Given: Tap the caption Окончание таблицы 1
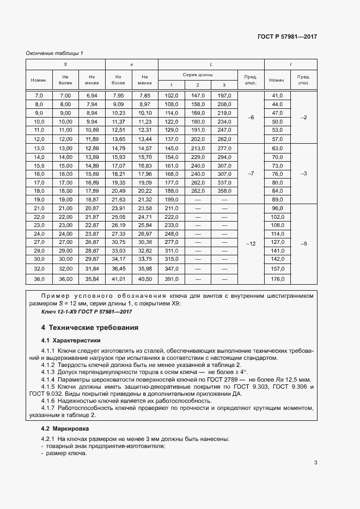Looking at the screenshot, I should tap(54, 53).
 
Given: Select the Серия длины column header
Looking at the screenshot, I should tap(197, 74).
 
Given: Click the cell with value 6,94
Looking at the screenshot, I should tap(91, 96).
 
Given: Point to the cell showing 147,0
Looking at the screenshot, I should tap(197, 96).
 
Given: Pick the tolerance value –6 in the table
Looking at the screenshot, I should tap(251, 118).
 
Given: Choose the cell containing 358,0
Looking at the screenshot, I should tap(224, 191).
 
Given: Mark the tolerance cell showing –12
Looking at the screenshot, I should tap(251, 244).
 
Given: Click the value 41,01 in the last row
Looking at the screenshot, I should tap(118, 279).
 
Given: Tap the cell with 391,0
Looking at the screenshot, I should tap(171, 279).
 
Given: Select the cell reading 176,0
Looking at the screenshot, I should tap(278, 279).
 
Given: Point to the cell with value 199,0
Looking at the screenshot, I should tap(171, 200).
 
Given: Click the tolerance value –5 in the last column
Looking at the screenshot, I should tap(304, 244).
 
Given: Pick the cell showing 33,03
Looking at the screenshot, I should tap(118, 250).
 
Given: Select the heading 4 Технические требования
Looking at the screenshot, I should tap(90, 328).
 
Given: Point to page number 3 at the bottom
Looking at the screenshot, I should tap(316, 463).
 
